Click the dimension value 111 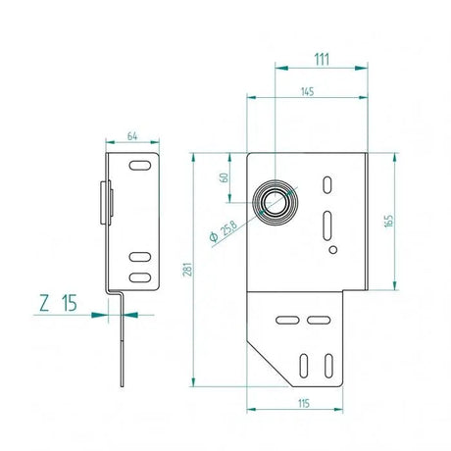[x=321, y=59]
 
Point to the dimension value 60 [x=225, y=177]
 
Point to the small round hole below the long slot [x=333, y=250]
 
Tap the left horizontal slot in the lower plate [x=288, y=321]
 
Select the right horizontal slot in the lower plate [x=317, y=321]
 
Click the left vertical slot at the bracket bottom [x=302, y=365]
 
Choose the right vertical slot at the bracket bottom [x=329, y=365]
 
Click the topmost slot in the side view [x=140, y=163]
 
